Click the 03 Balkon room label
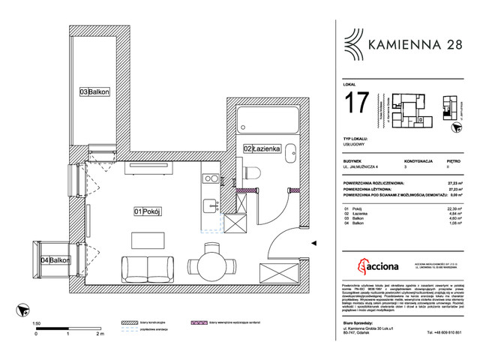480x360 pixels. tap(94, 92)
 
